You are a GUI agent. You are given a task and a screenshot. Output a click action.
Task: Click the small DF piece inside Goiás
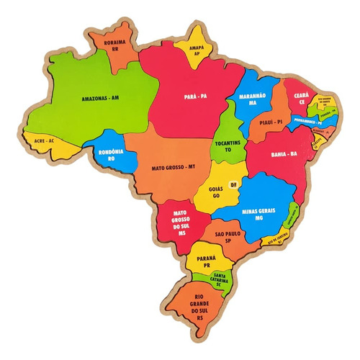click(x=233, y=184)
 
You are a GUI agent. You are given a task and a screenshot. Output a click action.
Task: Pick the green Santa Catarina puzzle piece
click(x=222, y=279)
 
